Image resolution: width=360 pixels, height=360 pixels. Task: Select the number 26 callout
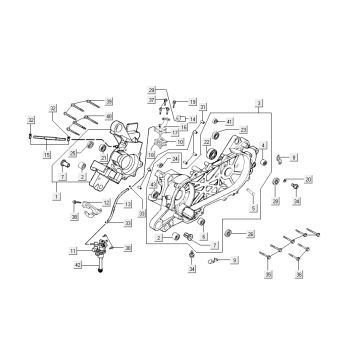[251, 234]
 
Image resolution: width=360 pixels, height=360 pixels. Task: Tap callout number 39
[109, 101]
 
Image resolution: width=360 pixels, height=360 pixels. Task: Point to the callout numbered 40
[109, 116]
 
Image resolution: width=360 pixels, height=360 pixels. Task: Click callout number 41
[229, 121]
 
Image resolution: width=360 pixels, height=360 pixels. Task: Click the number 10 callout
[181, 143]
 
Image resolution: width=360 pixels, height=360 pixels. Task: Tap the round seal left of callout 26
[231, 234]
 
